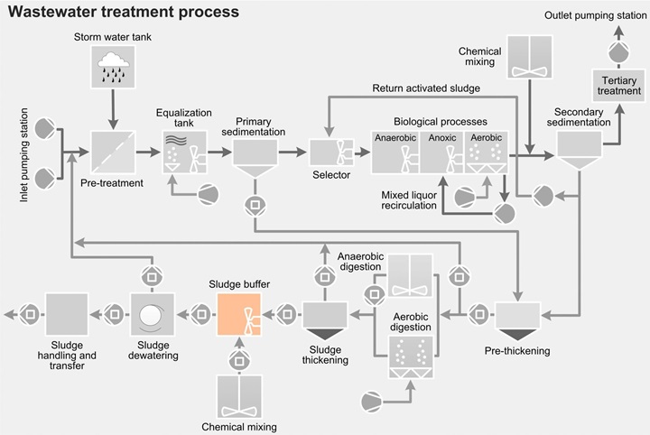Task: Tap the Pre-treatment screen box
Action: [x=113, y=153]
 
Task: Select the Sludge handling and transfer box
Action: [x=66, y=315]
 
